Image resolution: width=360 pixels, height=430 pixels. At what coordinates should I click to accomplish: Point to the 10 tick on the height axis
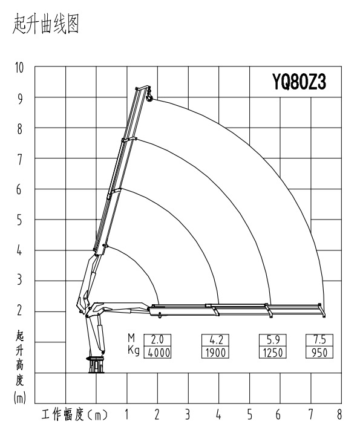coord(20,67)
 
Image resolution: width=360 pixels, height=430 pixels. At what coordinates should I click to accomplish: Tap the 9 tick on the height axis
coord(20,97)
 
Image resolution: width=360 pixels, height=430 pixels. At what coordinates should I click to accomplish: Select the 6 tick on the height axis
coord(20,189)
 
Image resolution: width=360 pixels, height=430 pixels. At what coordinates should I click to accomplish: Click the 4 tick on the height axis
coord(20,250)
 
